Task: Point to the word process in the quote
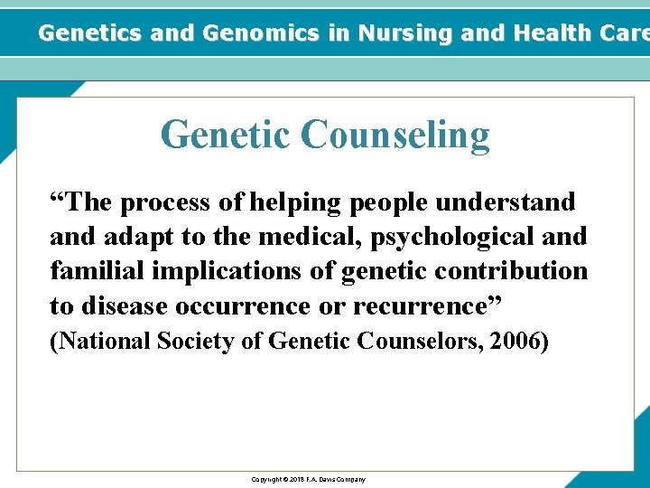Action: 167,202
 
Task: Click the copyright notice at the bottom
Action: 308,479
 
